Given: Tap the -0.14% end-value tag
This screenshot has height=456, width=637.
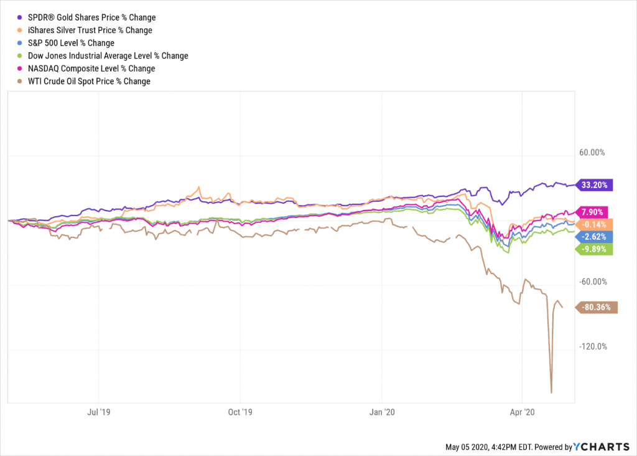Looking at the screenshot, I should [x=595, y=224].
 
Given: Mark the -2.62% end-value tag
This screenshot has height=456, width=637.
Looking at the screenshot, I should [x=595, y=237].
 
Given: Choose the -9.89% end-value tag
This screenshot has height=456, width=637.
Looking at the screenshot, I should [x=595, y=249].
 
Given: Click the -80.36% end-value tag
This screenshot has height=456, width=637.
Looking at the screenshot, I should [x=597, y=306].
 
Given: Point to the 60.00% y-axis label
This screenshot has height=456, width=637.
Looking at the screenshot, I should [x=592, y=153].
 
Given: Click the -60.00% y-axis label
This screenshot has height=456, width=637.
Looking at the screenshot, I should [x=592, y=282].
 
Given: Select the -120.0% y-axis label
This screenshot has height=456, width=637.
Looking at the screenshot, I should [x=592, y=347].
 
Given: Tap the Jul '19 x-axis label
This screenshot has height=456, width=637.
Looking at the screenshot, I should [x=100, y=412].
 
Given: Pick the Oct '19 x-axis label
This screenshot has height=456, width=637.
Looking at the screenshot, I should [x=240, y=412].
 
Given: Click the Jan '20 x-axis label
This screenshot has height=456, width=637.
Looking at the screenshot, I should [x=382, y=412].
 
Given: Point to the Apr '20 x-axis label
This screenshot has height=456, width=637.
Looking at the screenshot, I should [x=522, y=412].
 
